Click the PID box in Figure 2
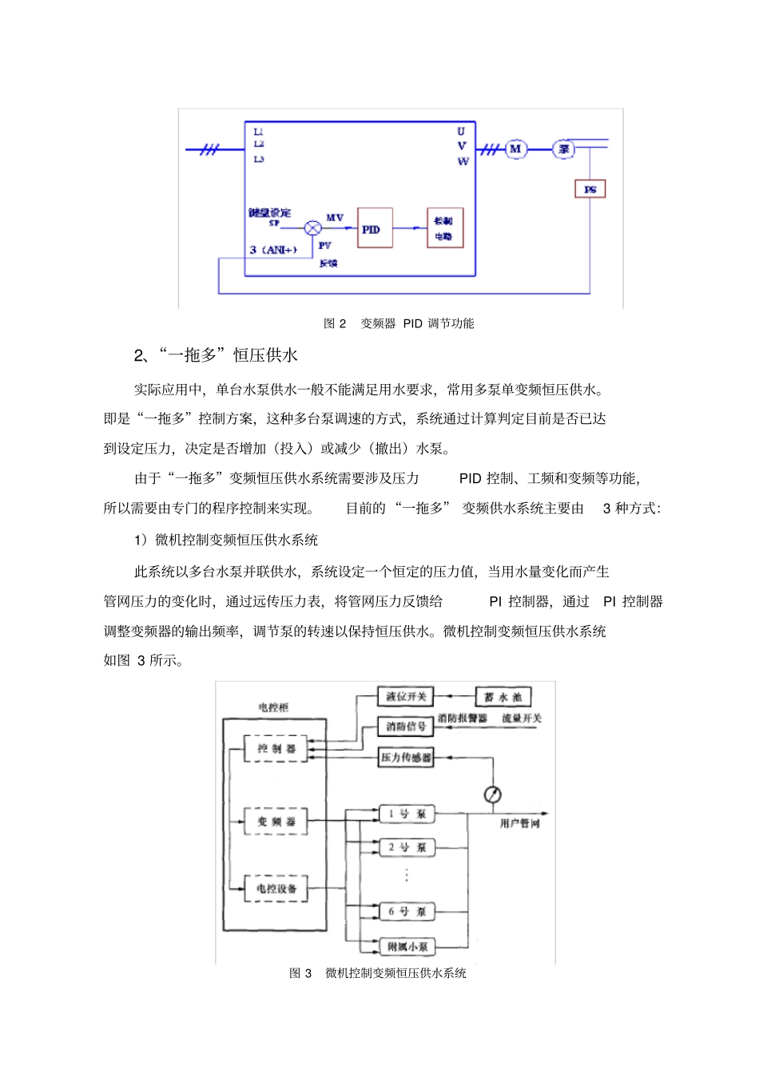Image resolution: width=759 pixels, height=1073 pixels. point(375,228)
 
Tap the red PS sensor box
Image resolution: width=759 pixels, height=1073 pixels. point(590,189)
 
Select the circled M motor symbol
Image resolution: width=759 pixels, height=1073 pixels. point(515,148)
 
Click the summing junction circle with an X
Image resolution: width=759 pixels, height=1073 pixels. point(313,229)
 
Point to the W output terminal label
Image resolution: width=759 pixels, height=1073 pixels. point(463,161)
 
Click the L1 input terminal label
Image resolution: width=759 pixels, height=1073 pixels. point(258,132)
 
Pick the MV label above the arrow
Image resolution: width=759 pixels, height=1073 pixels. point(335,217)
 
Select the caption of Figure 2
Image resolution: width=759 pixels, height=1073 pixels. point(399,323)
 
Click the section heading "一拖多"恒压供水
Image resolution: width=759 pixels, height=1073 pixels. point(216,355)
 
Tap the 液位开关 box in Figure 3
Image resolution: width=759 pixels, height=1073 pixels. point(406,696)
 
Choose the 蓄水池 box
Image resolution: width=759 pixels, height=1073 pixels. point(503,696)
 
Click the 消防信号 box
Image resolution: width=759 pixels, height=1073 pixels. point(406,727)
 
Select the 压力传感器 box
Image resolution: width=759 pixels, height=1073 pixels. point(406,757)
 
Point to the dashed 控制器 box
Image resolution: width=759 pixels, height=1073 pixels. point(276,749)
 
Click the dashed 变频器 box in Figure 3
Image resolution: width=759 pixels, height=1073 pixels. point(276,821)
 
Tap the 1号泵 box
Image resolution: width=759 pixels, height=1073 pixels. point(407,814)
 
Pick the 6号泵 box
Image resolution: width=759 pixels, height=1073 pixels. point(407,911)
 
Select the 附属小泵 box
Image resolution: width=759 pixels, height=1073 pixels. point(407,946)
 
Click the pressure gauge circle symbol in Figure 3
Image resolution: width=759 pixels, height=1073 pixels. point(493,794)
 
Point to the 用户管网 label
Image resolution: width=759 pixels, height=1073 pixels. point(520,823)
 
